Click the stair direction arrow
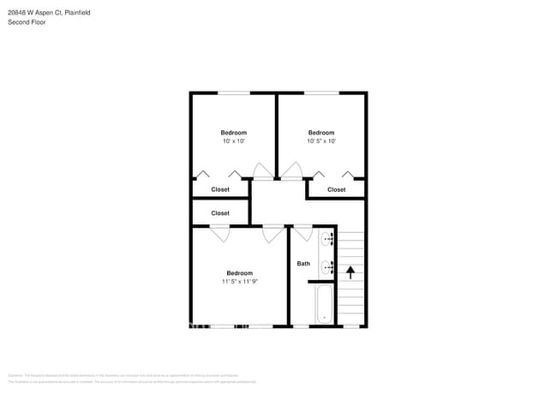[x=350, y=272]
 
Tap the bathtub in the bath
[x=324, y=305]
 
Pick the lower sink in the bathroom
[x=326, y=267]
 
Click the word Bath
[x=303, y=264]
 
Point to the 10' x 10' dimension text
[x=233, y=141]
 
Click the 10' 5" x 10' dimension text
[x=321, y=141]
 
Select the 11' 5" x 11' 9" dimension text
[x=239, y=282]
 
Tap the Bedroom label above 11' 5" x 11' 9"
[x=239, y=273]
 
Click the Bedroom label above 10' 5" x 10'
[x=321, y=133]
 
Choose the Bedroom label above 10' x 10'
[x=233, y=133]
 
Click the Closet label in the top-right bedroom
[x=337, y=190]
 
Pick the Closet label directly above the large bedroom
[x=220, y=213]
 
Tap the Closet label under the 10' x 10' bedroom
[x=220, y=190]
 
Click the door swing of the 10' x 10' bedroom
[x=263, y=171]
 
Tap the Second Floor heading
[x=27, y=22]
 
